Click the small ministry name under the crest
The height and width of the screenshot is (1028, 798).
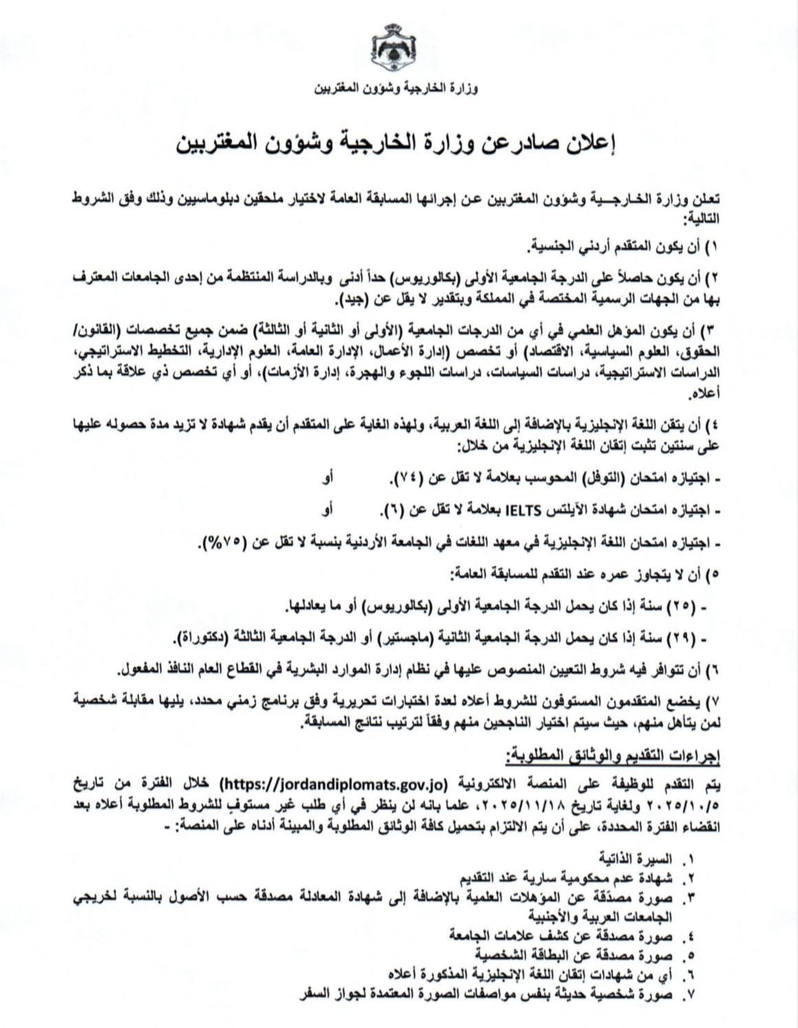tap(398, 89)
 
